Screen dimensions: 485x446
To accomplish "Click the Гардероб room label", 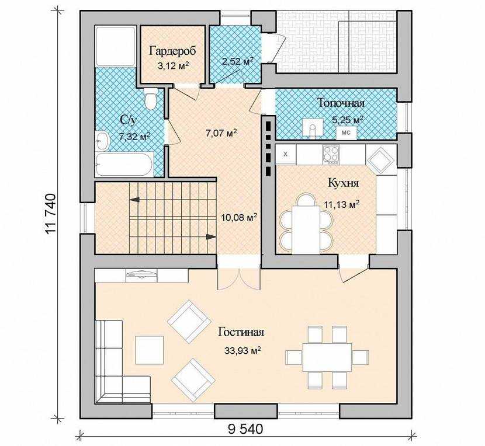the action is [172, 51].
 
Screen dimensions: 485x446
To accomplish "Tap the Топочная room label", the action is [341, 103].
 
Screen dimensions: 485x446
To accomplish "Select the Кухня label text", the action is [344, 183].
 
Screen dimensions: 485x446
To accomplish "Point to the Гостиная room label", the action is [241, 332].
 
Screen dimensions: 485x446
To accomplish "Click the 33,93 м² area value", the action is [243, 350].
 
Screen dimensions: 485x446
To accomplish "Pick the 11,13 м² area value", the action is [341, 204].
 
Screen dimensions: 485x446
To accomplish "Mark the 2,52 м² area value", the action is [238, 61].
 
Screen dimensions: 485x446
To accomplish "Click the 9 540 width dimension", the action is [245, 429].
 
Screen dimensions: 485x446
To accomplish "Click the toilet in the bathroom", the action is [151, 99].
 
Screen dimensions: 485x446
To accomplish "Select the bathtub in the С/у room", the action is [124, 165].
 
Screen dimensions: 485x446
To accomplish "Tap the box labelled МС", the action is [346, 133].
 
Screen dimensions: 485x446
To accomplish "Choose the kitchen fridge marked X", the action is [286, 154].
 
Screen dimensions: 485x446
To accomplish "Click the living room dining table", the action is [327, 357].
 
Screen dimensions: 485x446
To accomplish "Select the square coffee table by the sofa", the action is [149, 350].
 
